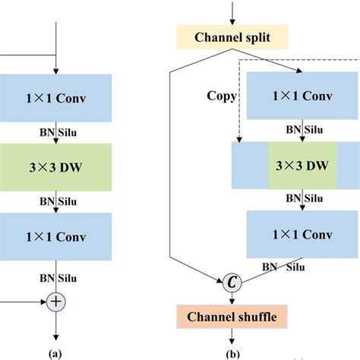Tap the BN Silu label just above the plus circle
click(x=58, y=277)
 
